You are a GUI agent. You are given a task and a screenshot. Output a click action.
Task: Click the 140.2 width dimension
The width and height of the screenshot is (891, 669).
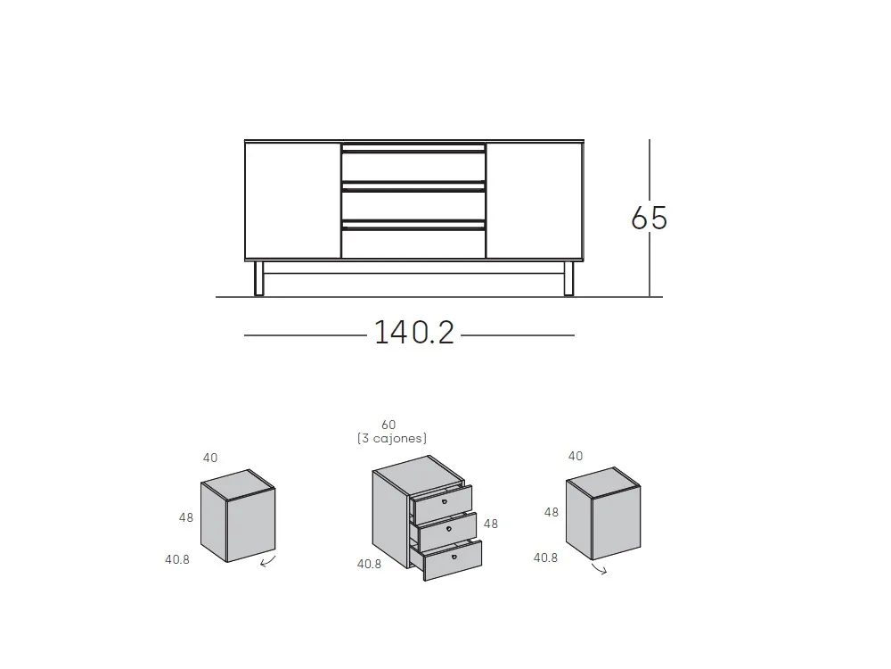[x=414, y=332]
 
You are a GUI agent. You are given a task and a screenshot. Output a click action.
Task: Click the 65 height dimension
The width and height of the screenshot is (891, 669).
[x=649, y=218]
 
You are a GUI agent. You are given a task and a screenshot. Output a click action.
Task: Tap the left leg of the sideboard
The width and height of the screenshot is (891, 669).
[x=258, y=278]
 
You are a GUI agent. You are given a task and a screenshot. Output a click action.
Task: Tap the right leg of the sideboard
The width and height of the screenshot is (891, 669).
[x=568, y=278]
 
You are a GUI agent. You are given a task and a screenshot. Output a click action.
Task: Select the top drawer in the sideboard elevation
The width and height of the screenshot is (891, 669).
[x=413, y=163]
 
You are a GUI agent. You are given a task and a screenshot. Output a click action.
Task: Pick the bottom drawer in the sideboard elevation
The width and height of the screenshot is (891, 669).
[x=413, y=240]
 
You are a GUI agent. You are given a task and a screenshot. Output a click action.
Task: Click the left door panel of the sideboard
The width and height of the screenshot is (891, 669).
[x=293, y=200]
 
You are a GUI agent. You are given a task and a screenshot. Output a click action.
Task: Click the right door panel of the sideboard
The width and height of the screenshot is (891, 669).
[x=534, y=200]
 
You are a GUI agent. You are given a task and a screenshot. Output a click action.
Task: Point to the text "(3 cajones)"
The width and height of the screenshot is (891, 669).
[x=392, y=438]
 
